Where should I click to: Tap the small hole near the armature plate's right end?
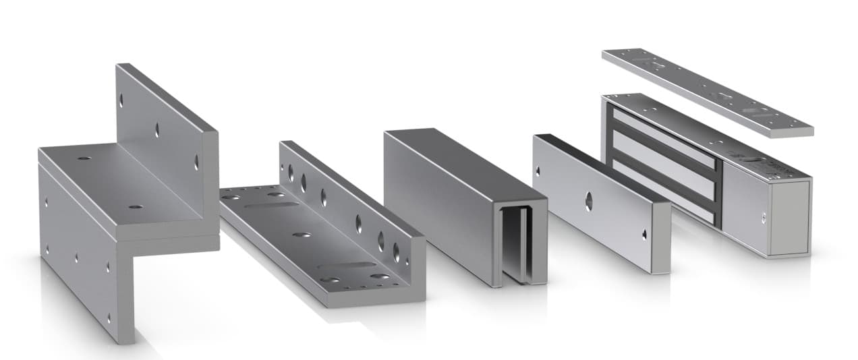click(x=646, y=235)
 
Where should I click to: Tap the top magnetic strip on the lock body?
click(x=664, y=142)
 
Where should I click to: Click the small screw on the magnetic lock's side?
click(x=764, y=216)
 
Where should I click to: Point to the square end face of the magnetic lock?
click(x=790, y=217)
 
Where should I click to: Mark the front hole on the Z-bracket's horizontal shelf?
click(x=136, y=206)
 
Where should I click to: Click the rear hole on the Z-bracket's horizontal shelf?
click(x=84, y=158)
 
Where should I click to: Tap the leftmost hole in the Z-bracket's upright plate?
click(x=121, y=100)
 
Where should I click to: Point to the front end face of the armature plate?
click(x=660, y=237)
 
